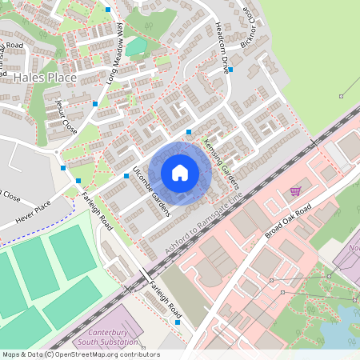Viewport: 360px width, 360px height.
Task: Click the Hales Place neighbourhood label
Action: (x=45, y=78)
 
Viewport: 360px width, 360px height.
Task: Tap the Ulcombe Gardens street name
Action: (x=152, y=193)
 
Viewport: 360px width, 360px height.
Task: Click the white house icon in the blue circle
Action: (x=180, y=173)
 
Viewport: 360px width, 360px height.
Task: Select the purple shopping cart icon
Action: (x=296, y=190)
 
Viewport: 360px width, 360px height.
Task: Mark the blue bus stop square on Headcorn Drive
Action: (x=230, y=70)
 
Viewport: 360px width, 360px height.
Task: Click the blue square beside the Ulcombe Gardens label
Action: (x=126, y=175)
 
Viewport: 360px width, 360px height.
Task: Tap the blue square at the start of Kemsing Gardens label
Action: (x=189, y=132)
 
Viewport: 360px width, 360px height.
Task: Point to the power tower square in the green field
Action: (x=341, y=96)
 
